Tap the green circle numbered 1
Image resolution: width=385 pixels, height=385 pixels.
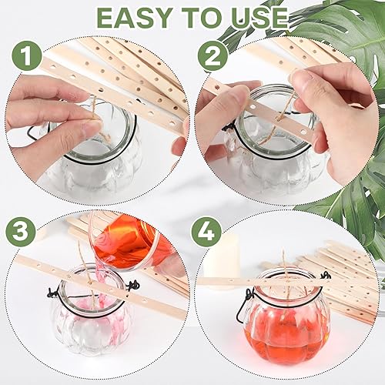(x=27, y=55)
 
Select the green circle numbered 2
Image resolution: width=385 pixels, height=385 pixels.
(x=213, y=55)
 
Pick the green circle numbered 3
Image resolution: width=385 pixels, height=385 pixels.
(x=21, y=232)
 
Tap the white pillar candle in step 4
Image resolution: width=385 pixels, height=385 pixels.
(x=222, y=259)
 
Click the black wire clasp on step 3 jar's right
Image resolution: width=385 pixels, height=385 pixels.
(x=133, y=286)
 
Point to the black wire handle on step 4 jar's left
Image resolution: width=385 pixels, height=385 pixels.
(x=244, y=306)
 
